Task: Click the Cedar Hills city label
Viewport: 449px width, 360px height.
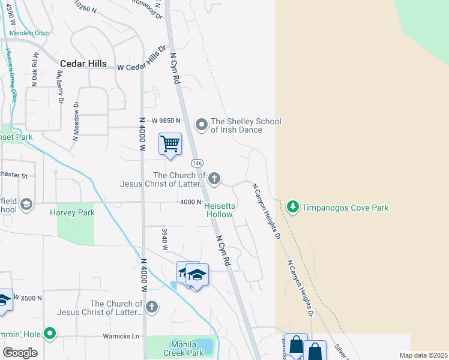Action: pos(83,64)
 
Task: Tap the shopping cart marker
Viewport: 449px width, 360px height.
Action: pos(170,145)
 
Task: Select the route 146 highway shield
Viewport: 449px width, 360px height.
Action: pos(197,163)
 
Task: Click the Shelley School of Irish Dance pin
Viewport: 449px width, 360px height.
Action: pos(202,125)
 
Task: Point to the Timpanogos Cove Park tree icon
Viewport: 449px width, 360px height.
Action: pos(293,208)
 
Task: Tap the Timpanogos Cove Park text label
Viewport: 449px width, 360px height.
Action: pos(345,208)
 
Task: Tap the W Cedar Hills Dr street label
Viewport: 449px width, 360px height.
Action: pos(142,58)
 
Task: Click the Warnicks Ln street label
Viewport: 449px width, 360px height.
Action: pos(119,335)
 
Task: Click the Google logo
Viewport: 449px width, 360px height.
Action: pos(20,353)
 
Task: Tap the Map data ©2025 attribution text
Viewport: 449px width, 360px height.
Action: pos(423,355)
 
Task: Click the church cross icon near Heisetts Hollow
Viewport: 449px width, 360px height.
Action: pos(214,178)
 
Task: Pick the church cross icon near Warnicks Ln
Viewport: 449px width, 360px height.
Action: pos(152,307)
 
